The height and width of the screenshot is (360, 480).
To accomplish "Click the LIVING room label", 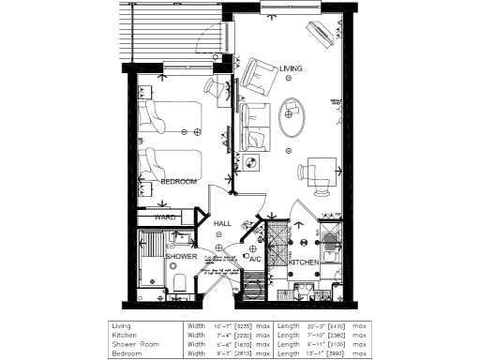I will (292, 68).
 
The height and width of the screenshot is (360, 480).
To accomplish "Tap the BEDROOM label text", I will (178, 181).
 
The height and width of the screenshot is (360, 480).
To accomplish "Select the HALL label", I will (222, 224).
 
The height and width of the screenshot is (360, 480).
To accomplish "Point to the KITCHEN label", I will (304, 262).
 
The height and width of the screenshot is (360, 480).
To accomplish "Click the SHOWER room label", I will (181, 256).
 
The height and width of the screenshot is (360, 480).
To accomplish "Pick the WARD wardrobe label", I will (166, 217).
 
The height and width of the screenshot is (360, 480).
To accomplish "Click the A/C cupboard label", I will (254, 259).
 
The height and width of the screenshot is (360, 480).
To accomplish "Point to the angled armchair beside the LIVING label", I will (255, 72).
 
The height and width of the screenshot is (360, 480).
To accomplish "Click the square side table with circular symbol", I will (251, 163).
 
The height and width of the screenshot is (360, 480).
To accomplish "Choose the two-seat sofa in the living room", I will (254, 124).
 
